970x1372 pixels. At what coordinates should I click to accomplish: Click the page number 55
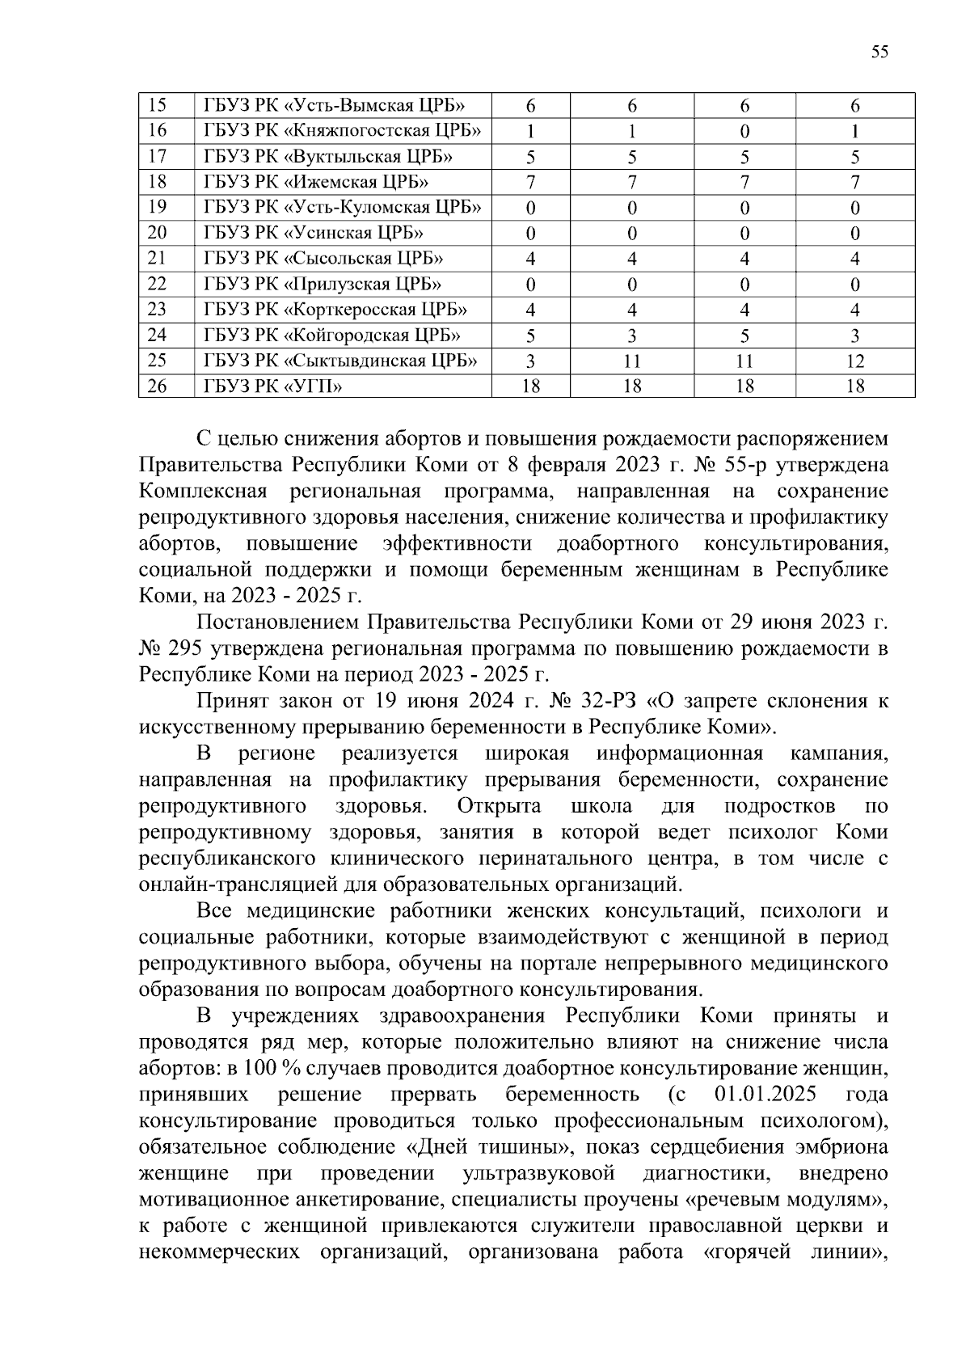tap(879, 53)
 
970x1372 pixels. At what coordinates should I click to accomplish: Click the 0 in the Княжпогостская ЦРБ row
tap(744, 131)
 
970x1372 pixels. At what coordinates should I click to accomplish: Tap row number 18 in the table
tap(158, 182)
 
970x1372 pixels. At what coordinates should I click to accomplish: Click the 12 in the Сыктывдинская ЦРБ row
tap(855, 361)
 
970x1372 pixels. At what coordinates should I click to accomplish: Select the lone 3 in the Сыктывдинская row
tap(530, 361)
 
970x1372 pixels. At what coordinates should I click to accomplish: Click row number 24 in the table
tap(158, 336)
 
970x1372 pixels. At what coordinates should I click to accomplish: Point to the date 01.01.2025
tap(765, 1095)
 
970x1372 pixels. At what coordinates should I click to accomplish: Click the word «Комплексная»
tap(203, 492)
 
